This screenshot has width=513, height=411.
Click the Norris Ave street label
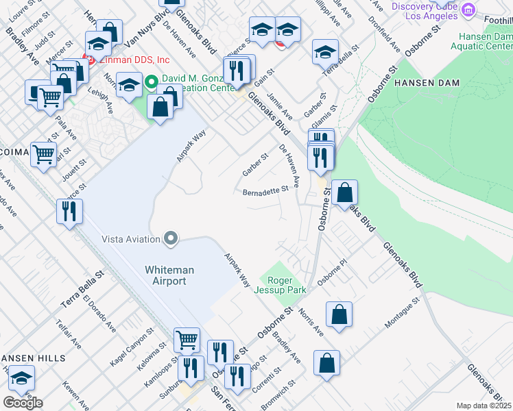pos(312,320)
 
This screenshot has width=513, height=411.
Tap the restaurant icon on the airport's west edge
pos(69,210)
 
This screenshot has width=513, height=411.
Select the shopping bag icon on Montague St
pos(339,315)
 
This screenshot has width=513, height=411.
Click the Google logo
pos(23,402)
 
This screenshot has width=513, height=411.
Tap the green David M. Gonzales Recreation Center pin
pos(152,85)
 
